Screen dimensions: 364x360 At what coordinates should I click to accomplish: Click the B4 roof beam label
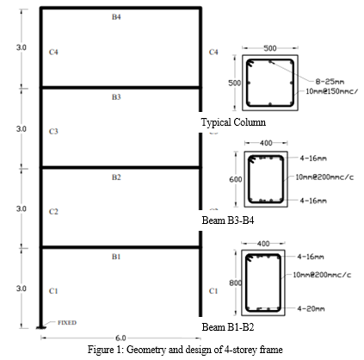(x=116, y=17)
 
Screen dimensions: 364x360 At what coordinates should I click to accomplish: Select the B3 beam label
(x=116, y=97)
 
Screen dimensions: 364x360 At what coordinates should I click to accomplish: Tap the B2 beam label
(x=116, y=177)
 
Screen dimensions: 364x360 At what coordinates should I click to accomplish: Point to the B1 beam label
(x=116, y=257)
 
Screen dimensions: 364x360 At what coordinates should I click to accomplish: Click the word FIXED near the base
(x=67, y=323)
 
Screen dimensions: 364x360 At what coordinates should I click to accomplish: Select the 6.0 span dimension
(x=120, y=338)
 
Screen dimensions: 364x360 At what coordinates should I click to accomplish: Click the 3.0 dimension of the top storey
(x=22, y=47)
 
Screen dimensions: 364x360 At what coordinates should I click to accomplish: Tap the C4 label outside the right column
(x=213, y=52)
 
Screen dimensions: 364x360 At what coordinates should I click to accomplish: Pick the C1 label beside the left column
(x=53, y=291)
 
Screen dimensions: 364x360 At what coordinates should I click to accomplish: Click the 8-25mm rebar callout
(x=330, y=82)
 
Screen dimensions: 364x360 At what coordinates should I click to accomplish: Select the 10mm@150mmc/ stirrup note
(x=332, y=91)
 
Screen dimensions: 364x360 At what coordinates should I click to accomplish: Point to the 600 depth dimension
(x=236, y=179)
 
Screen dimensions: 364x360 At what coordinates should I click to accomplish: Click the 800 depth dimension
(x=236, y=283)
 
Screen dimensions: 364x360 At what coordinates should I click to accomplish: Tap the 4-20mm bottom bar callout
(x=311, y=309)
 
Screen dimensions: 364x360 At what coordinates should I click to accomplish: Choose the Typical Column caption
(x=233, y=122)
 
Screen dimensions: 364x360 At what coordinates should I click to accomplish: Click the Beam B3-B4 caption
(x=228, y=220)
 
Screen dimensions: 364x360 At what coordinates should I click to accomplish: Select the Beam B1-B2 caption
(x=228, y=326)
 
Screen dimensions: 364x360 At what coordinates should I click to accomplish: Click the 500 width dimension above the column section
(x=270, y=48)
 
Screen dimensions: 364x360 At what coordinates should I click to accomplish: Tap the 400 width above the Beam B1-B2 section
(x=263, y=244)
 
